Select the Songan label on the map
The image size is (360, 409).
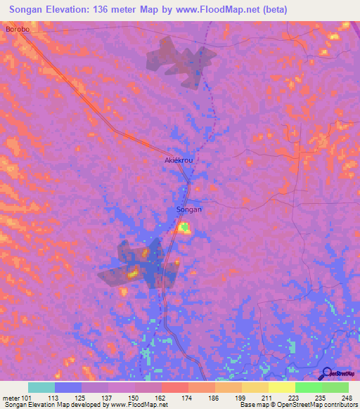[188, 210]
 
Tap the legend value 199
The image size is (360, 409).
[241, 397]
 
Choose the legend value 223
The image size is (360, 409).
[295, 397]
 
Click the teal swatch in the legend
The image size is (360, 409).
[41, 387]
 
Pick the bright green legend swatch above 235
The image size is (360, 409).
[308, 387]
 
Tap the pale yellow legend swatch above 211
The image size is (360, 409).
[281, 387]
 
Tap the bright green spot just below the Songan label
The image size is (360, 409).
[184, 226]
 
